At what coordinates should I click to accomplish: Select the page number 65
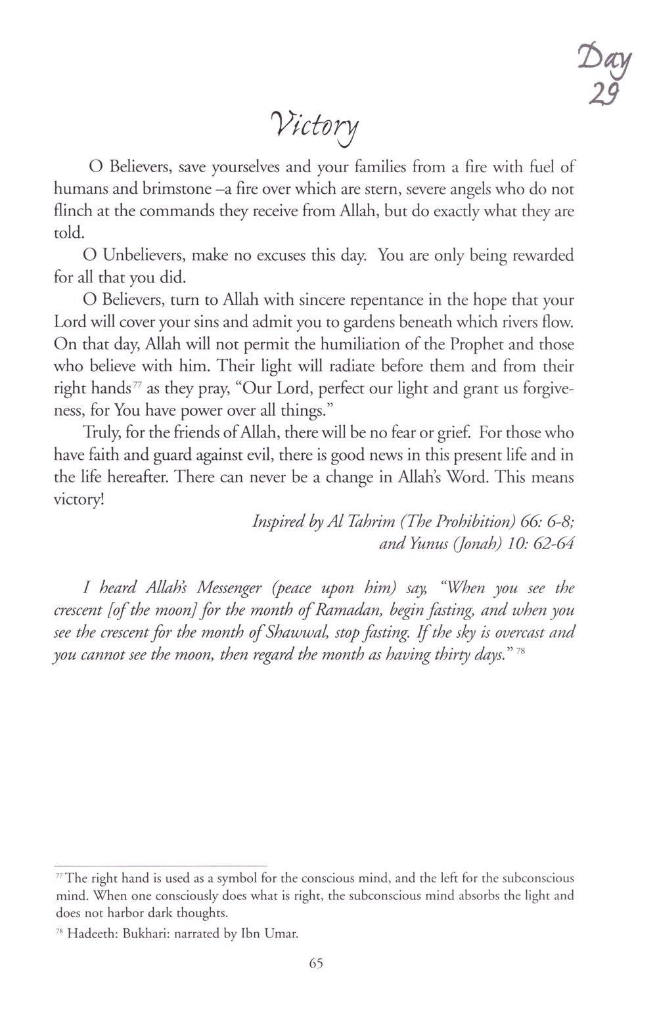click(316, 963)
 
